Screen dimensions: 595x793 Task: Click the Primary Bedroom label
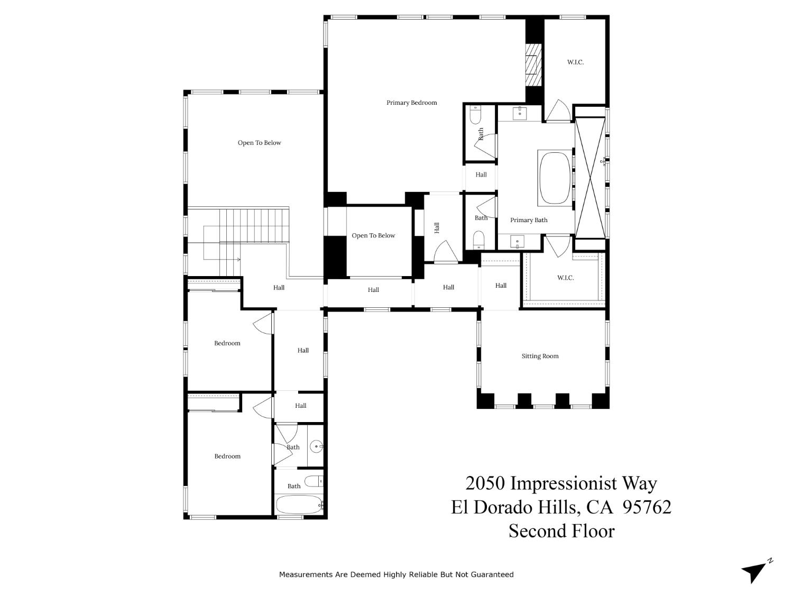click(411, 103)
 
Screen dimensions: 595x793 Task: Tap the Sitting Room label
click(540, 356)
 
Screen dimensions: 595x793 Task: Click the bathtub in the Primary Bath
click(555, 178)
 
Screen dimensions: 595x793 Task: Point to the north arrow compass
click(755, 571)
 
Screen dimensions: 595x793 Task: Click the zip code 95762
click(647, 507)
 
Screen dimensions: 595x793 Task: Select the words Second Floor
click(561, 530)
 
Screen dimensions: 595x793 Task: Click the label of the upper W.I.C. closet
click(575, 62)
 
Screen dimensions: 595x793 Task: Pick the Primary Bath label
click(529, 220)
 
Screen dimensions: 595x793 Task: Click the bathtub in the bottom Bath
click(299, 505)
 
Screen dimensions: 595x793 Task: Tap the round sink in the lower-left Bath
click(316, 446)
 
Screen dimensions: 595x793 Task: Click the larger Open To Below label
click(259, 143)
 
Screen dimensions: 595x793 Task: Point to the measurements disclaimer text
click(396, 574)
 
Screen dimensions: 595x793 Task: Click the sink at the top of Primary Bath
click(520, 112)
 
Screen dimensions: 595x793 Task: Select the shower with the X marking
click(590, 178)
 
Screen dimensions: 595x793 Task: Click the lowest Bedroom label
click(227, 456)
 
